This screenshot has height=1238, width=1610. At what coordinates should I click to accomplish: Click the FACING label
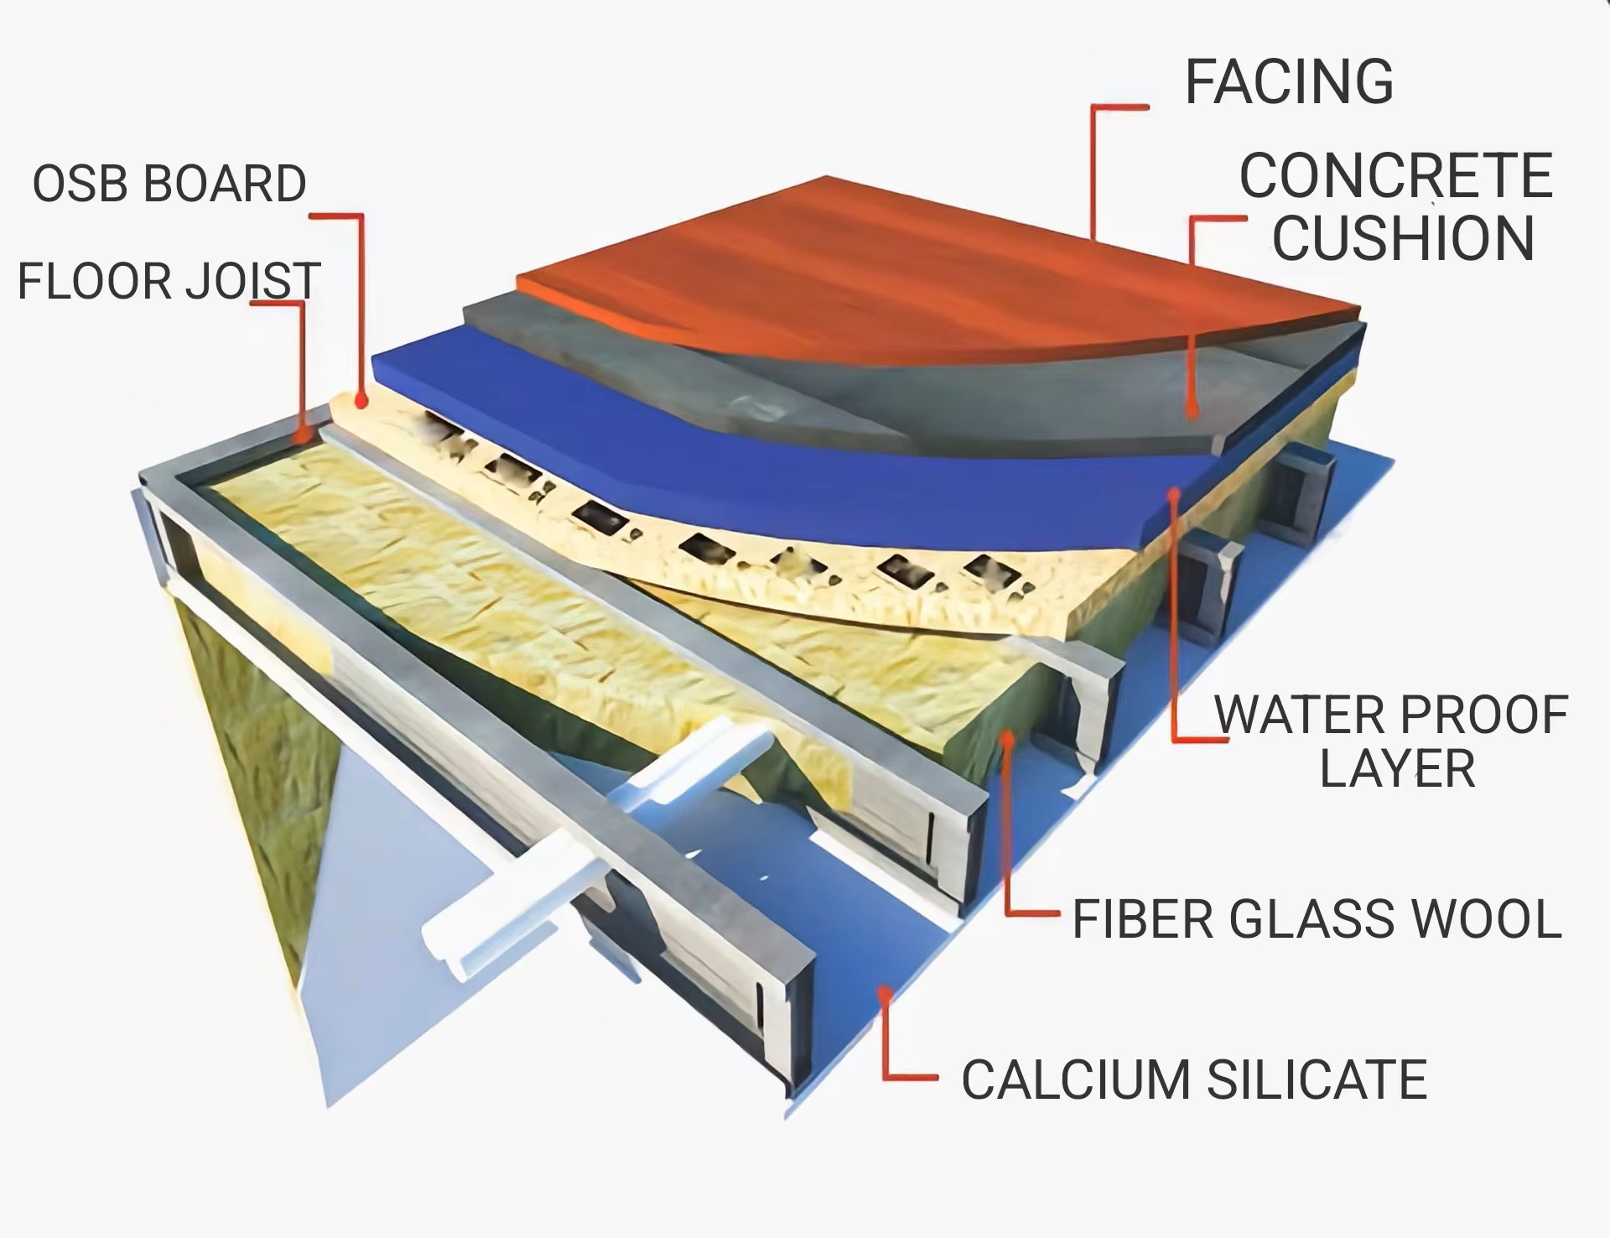(x=1288, y=82)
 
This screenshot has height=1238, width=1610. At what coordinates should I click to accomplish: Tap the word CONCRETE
(x=1395, y=177)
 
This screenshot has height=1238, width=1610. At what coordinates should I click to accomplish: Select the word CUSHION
(x=1403, y=237)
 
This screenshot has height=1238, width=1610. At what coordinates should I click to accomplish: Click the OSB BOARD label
(x=169, y=184)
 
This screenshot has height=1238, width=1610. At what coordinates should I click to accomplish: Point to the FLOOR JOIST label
(x=169, y=281)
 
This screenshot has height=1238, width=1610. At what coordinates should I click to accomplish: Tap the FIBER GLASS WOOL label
(x=1317, y=918)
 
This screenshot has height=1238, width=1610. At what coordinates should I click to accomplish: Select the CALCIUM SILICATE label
(x=1193, y=1079)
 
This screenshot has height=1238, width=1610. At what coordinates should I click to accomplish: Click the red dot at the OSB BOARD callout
(x=361, y=402)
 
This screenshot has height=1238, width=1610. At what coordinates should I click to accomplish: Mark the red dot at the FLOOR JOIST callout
(x=302, y=435)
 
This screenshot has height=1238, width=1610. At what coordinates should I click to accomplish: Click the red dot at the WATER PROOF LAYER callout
(x=1174, y=494)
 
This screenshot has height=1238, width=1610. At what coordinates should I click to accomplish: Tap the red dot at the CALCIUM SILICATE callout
(x=883, y=994)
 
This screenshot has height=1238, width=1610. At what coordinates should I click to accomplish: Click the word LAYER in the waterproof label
(x=1397, y=769)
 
